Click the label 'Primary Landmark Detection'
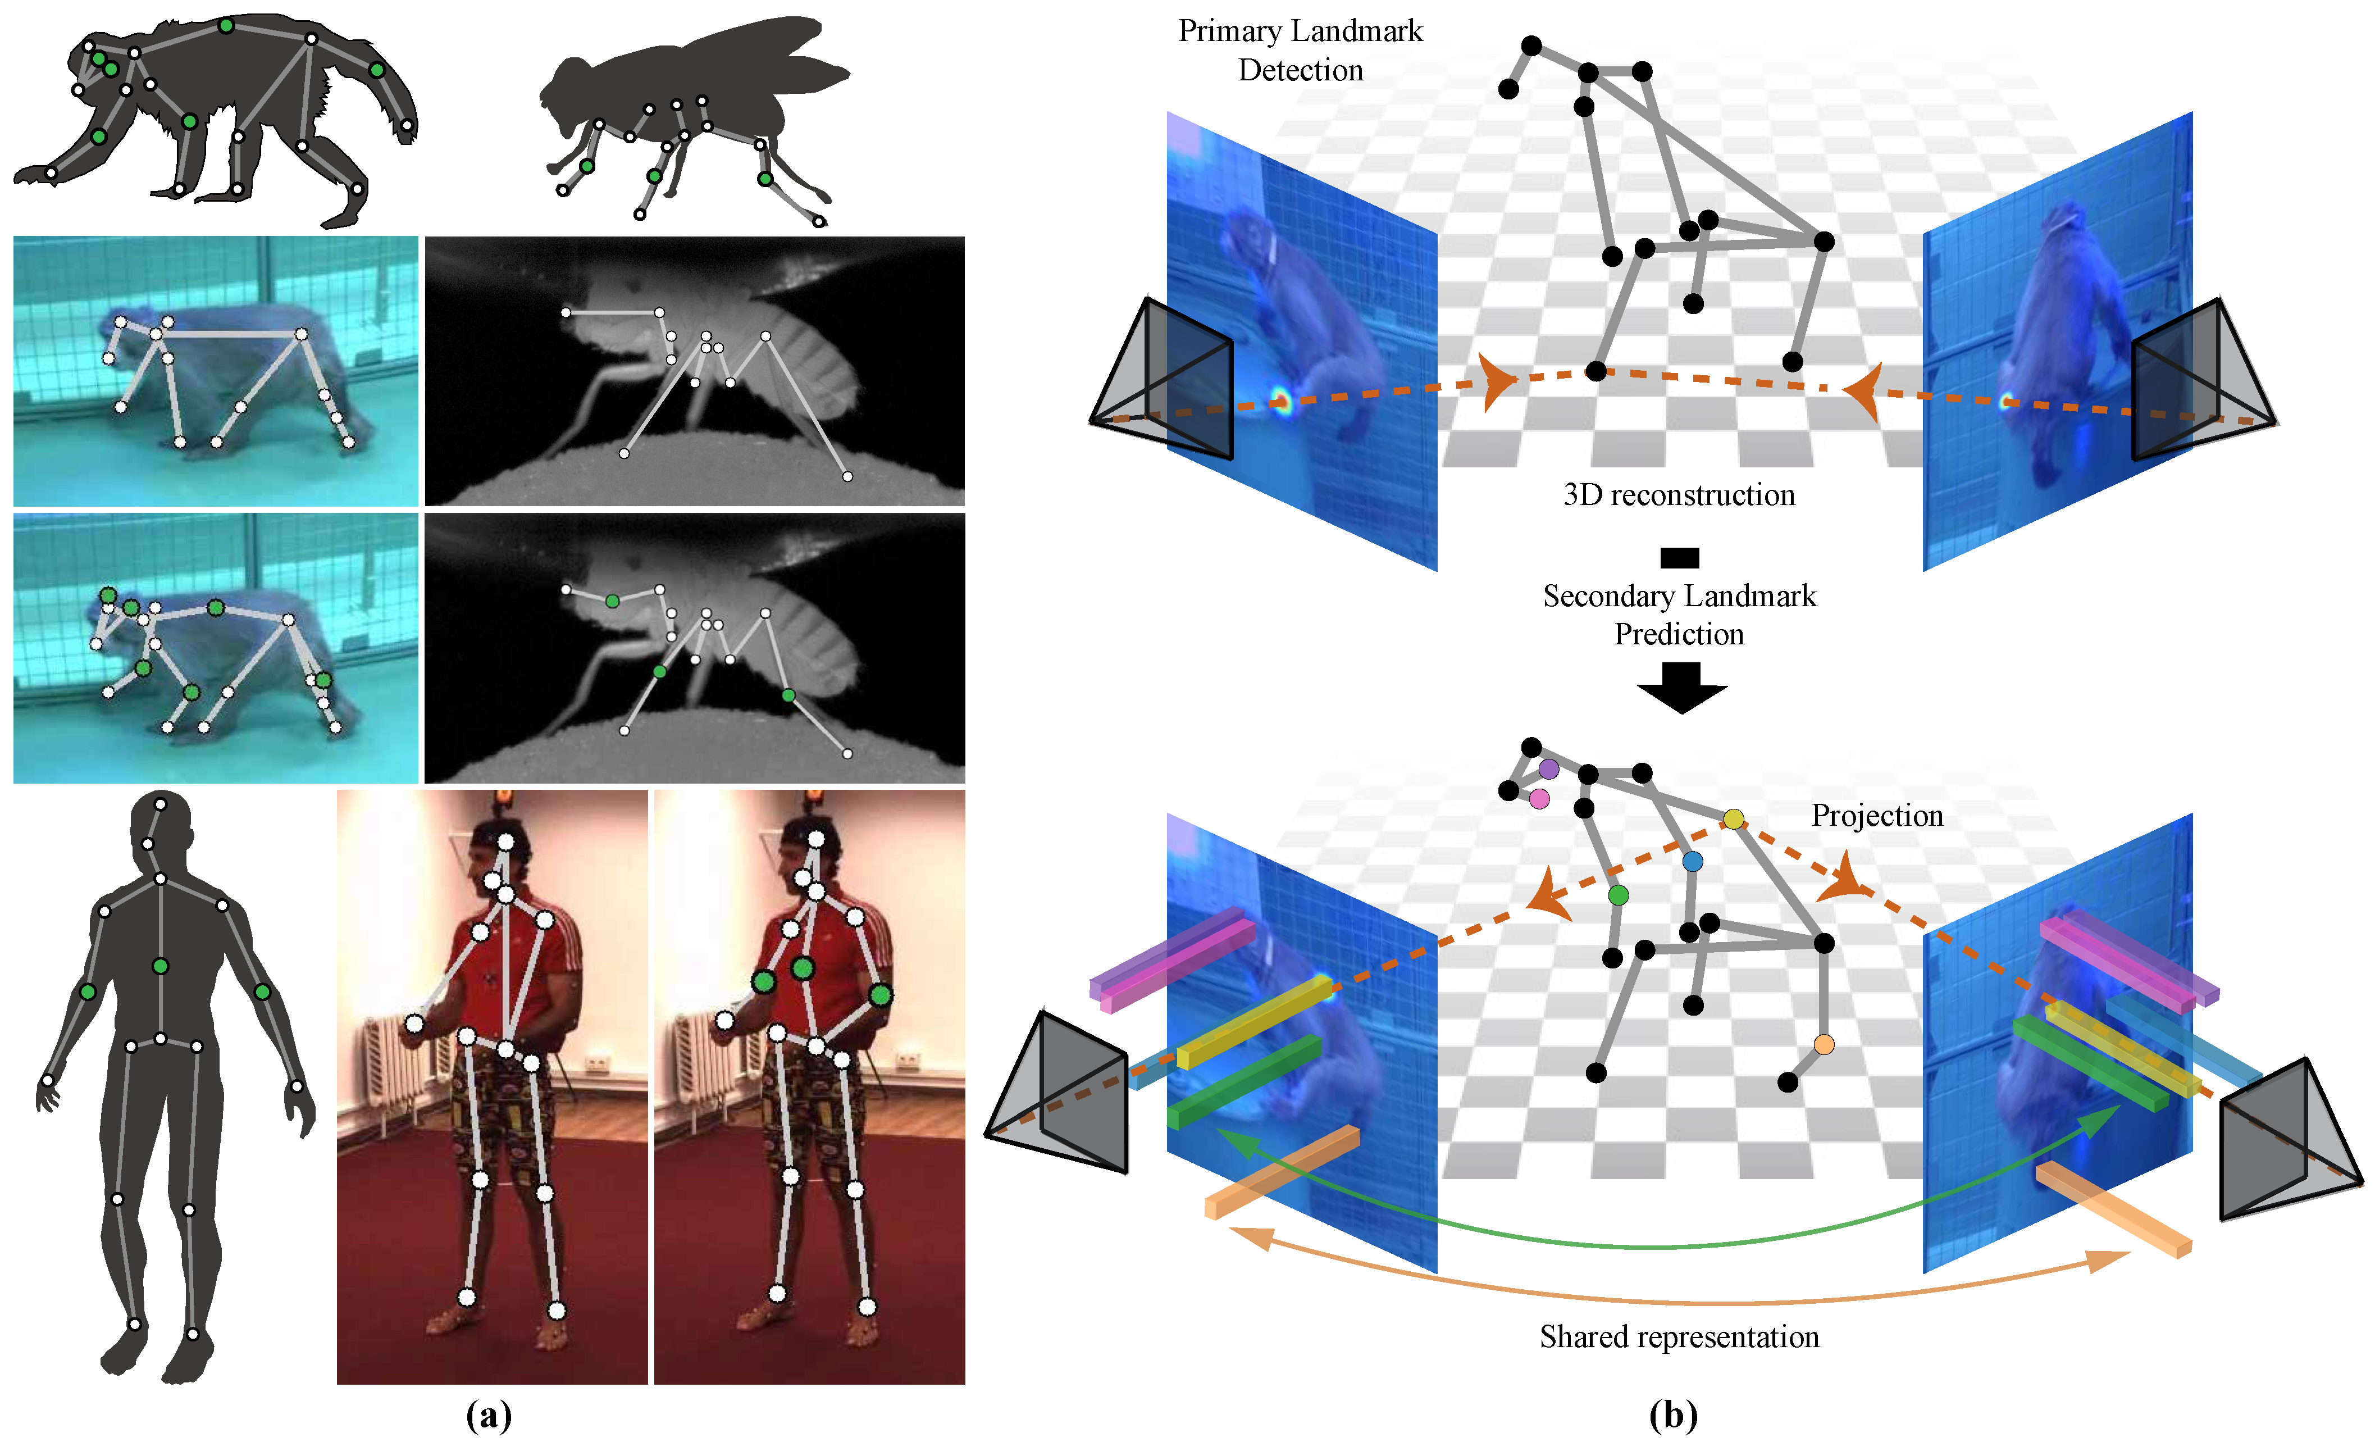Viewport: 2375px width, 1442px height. coord(1300,50)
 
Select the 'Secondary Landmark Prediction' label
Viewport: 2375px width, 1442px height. coord(1679,615)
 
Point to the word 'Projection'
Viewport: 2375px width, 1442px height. coord(1877,816)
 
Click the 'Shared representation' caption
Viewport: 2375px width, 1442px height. coord(1679,1337)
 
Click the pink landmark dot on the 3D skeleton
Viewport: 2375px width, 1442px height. coord(1539,799)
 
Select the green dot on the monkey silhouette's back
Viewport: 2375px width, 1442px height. coord(226,26)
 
